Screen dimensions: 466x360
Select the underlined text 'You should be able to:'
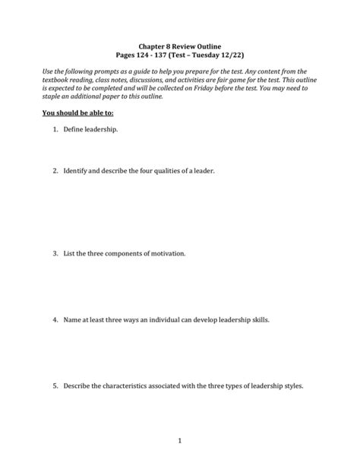click(x=76, y=113)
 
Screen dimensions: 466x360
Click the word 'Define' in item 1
click(x=76, y=130)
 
